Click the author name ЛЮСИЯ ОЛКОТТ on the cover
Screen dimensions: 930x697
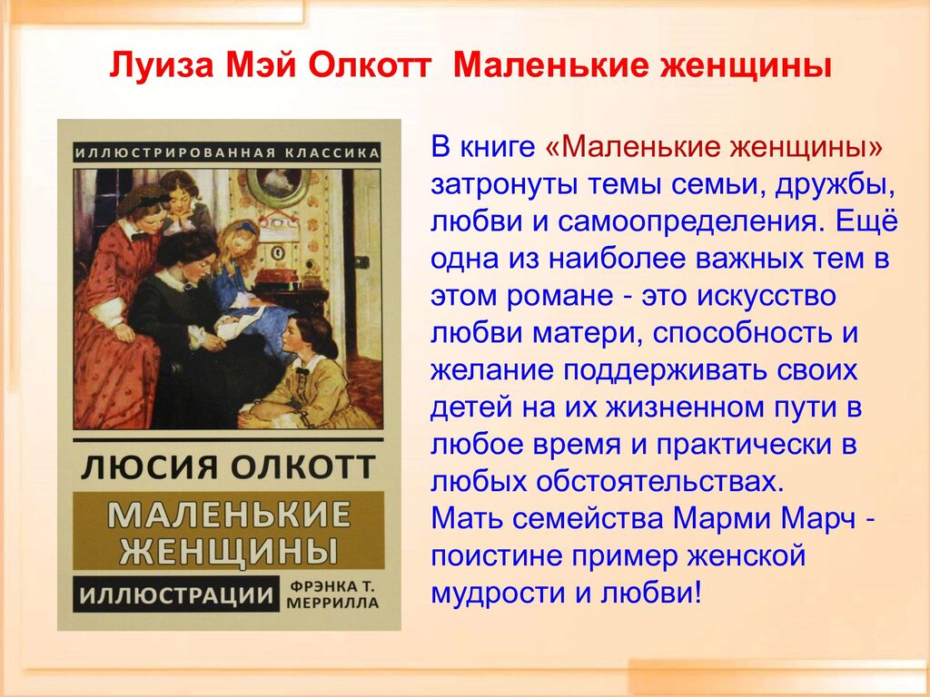tap(228, 467)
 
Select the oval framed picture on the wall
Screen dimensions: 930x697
tap(278, 185)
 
